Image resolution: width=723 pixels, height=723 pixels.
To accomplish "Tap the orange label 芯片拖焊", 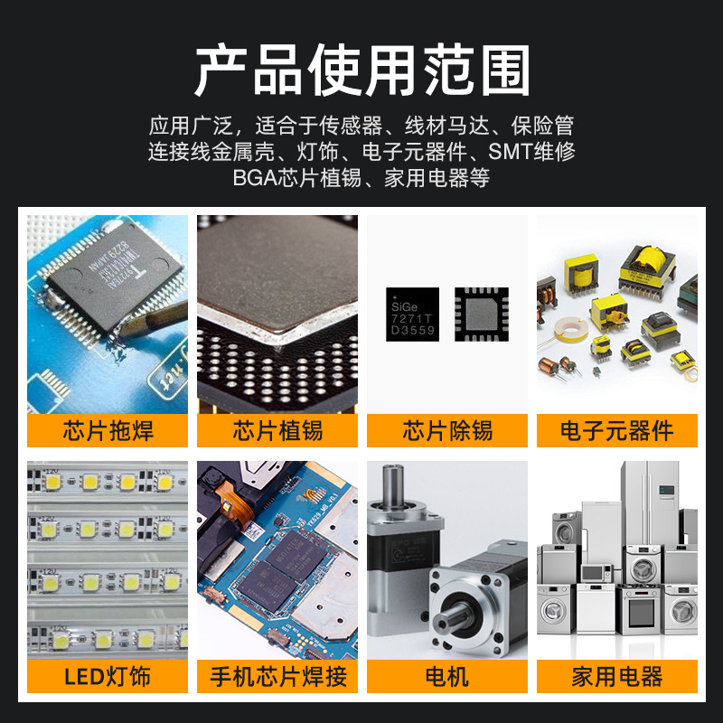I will (108, 430).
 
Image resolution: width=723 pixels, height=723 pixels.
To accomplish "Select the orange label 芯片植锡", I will (277, 430).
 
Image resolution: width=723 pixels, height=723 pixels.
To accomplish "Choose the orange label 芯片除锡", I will (447, 430).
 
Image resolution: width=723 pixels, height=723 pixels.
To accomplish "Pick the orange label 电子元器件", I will (617, 430).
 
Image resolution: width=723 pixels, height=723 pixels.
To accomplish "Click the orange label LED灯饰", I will (108, 675).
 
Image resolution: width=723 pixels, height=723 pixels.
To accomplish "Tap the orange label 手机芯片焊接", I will (277, 675).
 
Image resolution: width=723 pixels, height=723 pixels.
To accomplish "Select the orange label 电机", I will (447, 675).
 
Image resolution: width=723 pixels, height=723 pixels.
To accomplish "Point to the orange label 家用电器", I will (617, 675).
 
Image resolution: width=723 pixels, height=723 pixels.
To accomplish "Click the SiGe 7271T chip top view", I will (412, 315).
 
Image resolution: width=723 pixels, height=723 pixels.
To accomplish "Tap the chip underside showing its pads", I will (481, 315).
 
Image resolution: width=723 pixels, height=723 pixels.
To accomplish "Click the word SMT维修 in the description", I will (531, 151).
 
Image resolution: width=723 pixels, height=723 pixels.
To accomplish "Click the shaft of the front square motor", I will (446, 624).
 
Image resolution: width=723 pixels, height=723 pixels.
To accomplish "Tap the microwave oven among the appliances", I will (596, 572).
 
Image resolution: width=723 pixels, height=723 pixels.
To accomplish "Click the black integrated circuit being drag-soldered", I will (99, 289).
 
